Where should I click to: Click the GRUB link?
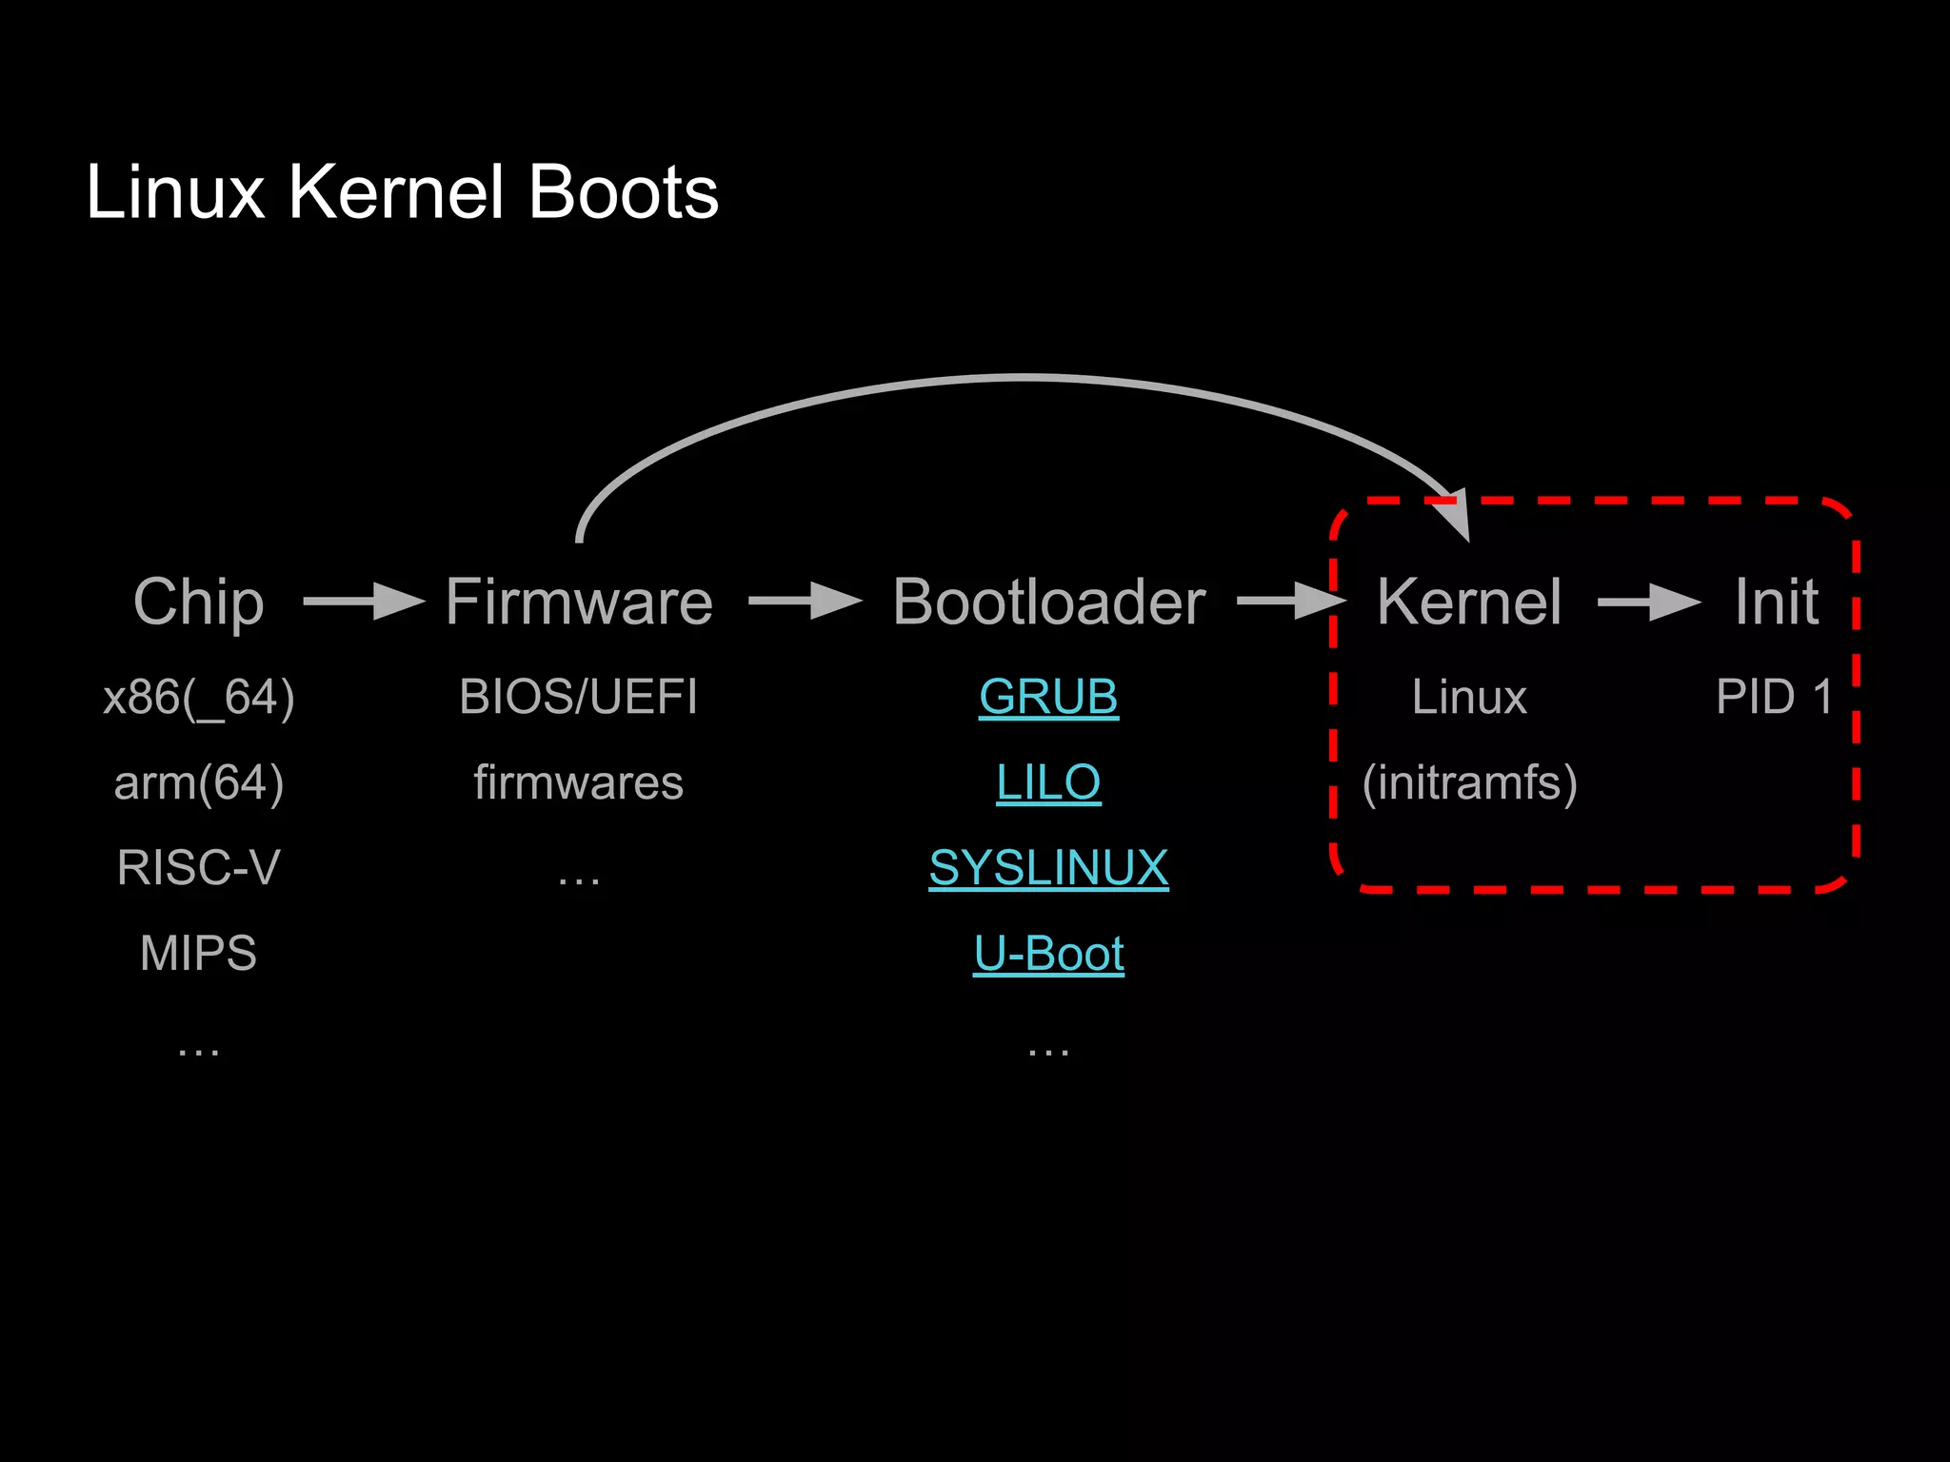pyautogui.click(x=1048, y=697)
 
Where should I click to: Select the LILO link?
pyautogui.click(x=1048, y=782)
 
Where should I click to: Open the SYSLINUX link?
pyautogui.click(x=1048, y=868)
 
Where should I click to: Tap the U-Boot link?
pyautogui.click(x=1048, y=954)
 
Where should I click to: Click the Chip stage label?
pyautogui.click(x=198, y=602)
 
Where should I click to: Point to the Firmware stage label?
pyautogui.click(x=579, y=602)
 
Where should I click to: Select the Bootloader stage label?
pyautogui.click(x=1048, y=602)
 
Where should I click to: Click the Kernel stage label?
pyautogui.click(x=1469, y=602)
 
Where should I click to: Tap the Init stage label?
pyautogui.click(x=1776, y=602)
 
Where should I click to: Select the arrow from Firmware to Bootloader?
pyautogui.click(x=806, y=602)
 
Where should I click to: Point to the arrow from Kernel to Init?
pyautogui.click(x=1649, y=602)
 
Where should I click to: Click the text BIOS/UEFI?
pyautogui.click(x=579, y=697)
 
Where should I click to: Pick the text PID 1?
pyautogui.click(x=1774, y=697)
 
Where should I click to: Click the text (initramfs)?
pyautogui.click(x=1469, y=782)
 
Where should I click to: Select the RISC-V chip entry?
pyautogui.click(x=198, y=868)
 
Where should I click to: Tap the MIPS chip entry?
pyautogui.click(x=198, y=954)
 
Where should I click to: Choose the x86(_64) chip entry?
pyautogui.click(x=198, y=697)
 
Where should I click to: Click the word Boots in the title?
pyautogui.click(x=623, y=192)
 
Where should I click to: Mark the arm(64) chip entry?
pyautogui.click(x=198, y=782)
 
